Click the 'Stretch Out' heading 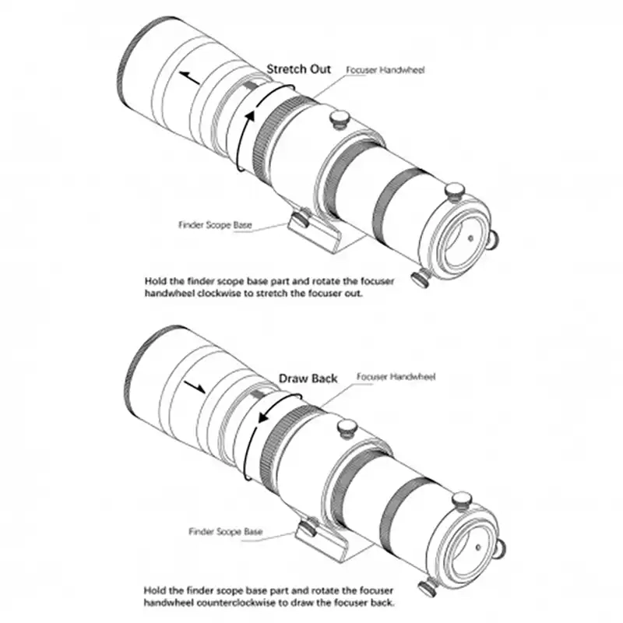point(298,69)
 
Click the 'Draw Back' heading point(308,378)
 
